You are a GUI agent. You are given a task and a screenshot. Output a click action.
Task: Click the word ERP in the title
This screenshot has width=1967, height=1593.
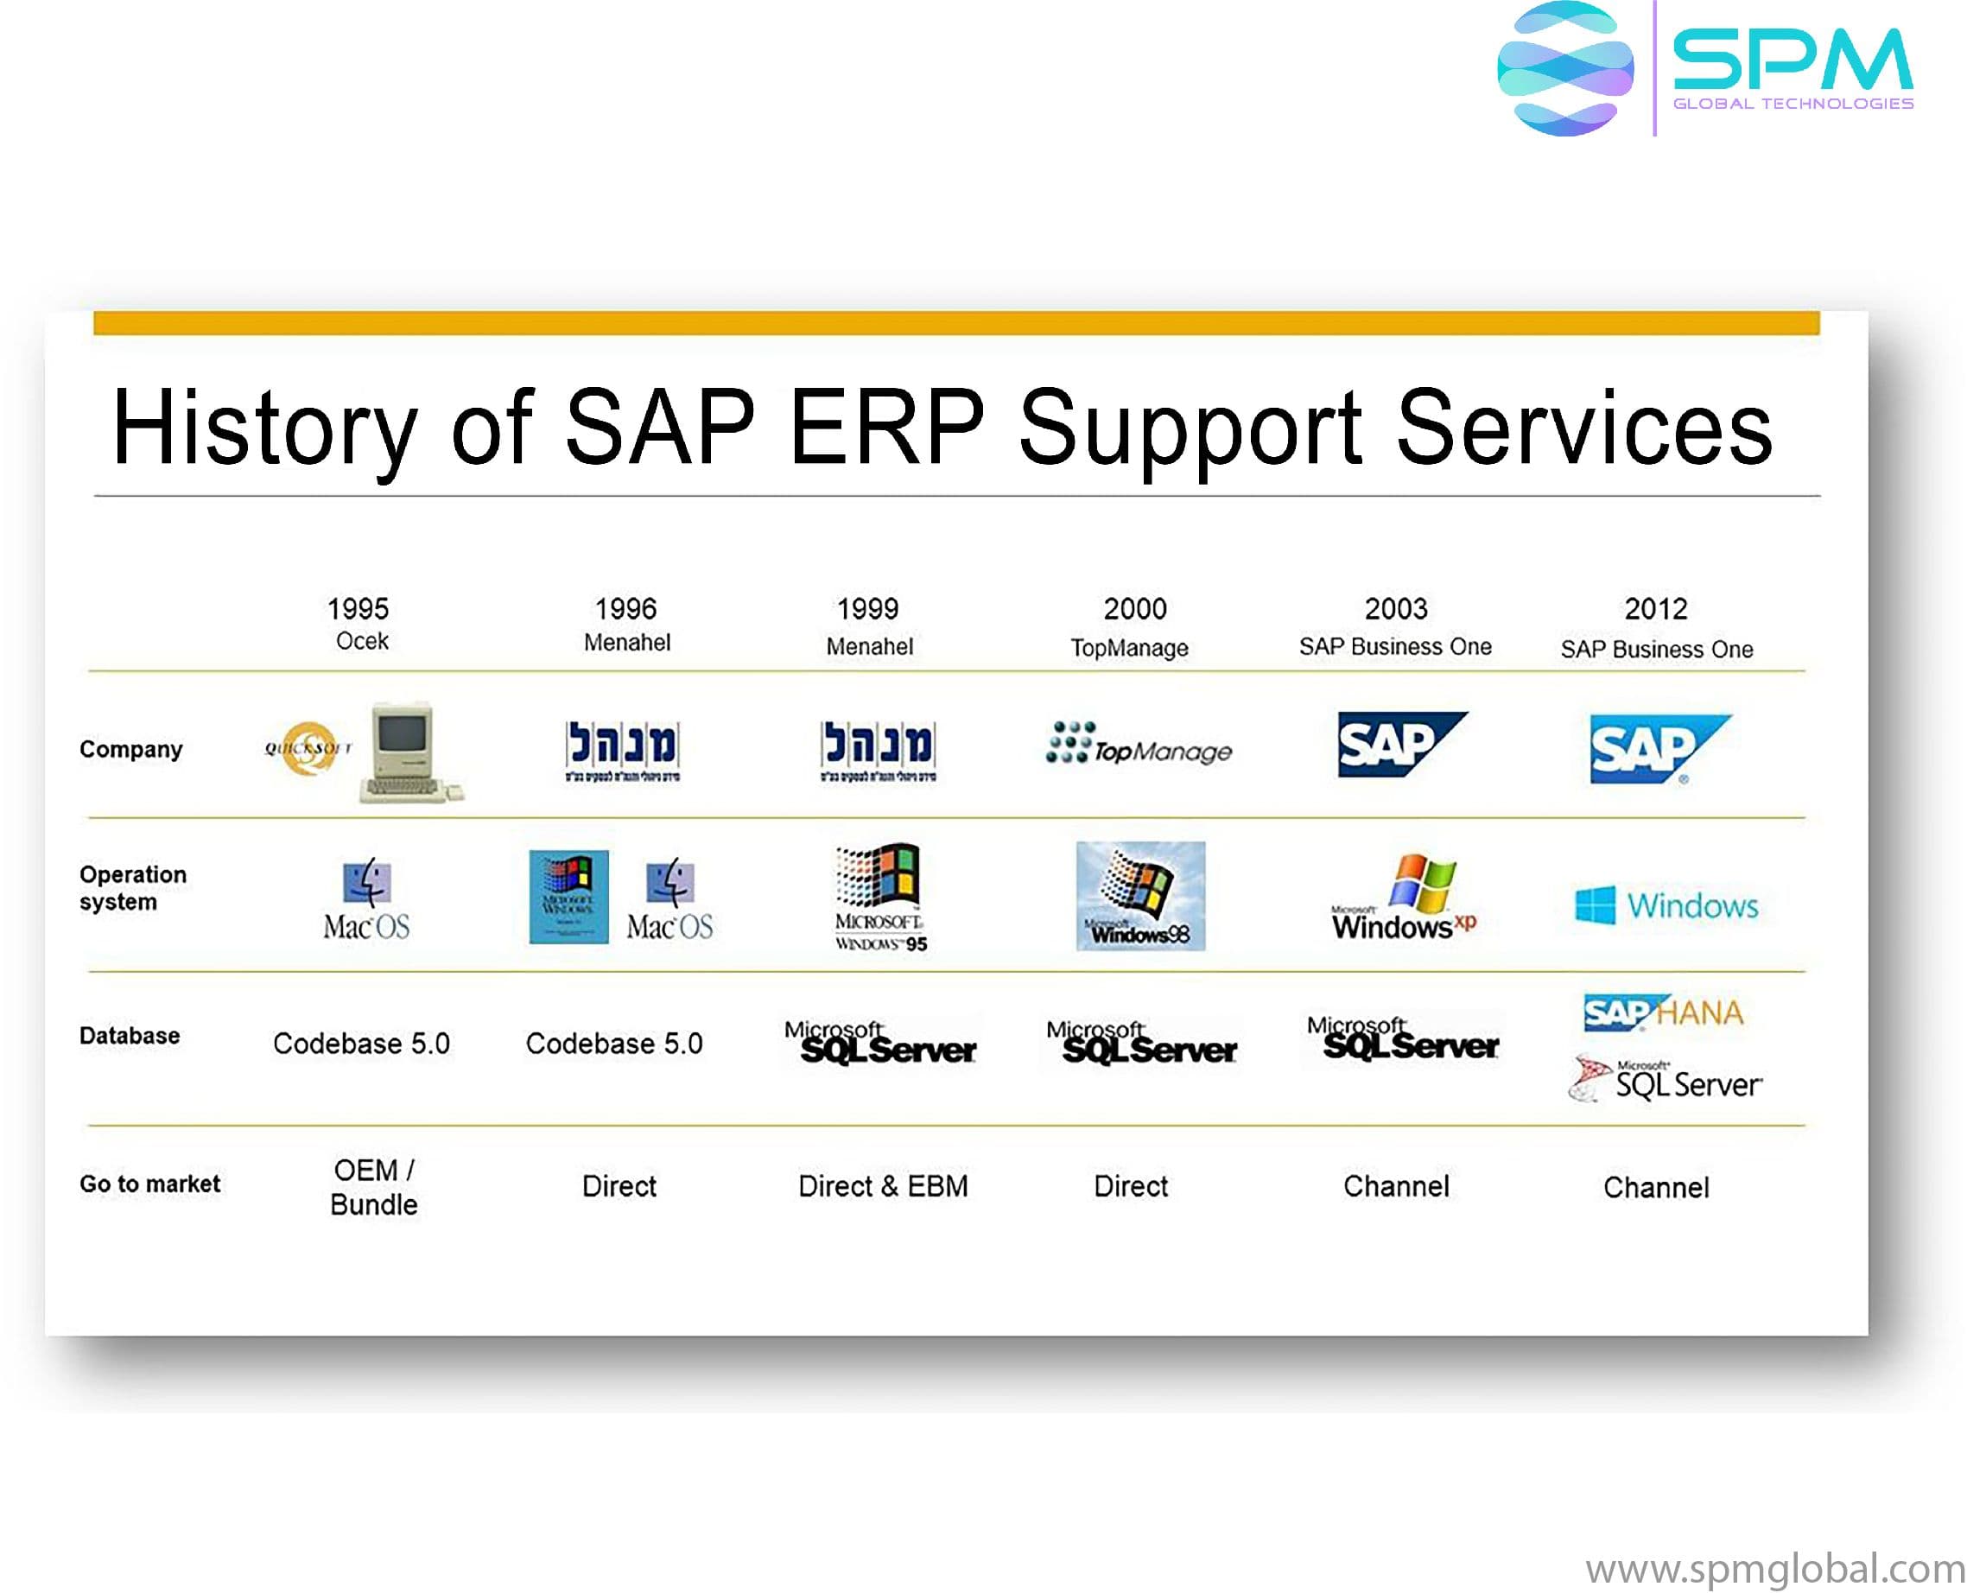coord(886,428)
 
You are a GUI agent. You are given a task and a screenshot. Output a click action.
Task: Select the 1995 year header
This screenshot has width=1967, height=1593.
coord(358,608)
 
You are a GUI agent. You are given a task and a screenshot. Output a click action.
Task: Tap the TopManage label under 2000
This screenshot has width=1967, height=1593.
coord(1128,648)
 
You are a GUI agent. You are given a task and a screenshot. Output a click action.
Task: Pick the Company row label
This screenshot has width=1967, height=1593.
coord(131,749)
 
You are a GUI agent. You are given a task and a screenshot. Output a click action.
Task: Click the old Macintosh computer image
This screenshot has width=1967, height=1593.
coord(409,752)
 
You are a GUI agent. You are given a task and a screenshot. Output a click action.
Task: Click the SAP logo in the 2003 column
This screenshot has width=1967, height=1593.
coord(1400,744)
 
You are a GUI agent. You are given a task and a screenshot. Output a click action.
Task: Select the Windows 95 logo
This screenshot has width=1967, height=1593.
coord(879,896)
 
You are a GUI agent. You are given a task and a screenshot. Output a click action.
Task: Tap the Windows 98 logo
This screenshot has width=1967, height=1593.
coord(1139,896)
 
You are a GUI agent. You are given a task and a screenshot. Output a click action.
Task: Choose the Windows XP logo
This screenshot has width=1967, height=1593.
coord(1404,898)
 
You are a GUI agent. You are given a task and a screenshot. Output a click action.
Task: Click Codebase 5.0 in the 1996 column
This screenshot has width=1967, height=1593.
coord(614,1044)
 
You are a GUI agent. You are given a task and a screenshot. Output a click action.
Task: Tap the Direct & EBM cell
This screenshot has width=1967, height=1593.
coord(883,1185)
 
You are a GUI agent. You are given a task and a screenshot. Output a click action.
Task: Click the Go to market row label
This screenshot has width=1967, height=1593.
coord(149,1184)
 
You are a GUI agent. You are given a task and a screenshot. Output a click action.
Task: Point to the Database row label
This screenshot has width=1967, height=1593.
coord(130,1035)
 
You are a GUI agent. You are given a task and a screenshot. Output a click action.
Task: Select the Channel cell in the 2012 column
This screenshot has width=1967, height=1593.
coord(1656,1188)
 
